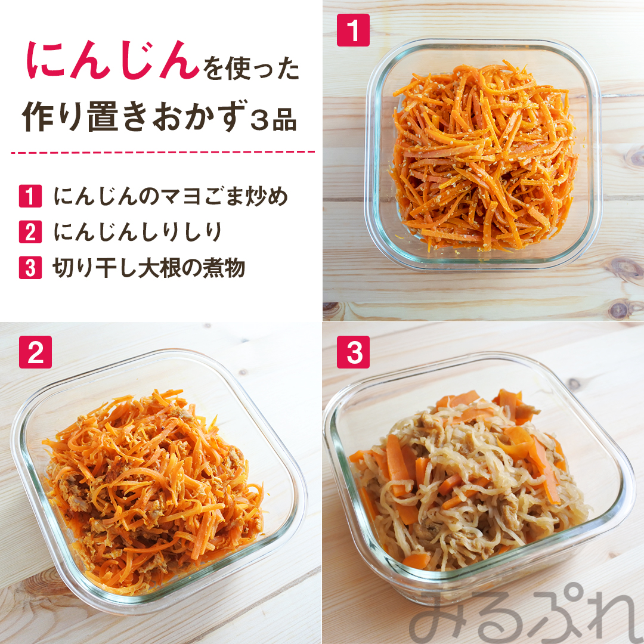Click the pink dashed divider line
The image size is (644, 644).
point(163,152)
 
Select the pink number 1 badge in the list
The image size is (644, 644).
point(30,196)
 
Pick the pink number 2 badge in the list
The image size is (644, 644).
point(30,231)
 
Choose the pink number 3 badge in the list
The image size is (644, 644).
point(30,267)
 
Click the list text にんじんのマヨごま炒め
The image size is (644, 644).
point(171,196)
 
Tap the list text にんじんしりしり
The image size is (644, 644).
point(138,232)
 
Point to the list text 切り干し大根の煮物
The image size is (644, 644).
point(148,268)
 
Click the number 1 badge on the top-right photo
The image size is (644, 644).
point(353,30)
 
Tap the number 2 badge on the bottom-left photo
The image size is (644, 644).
point(35,352)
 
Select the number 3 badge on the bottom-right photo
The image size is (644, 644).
point(353,352)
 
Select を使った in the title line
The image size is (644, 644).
point(252,68)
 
